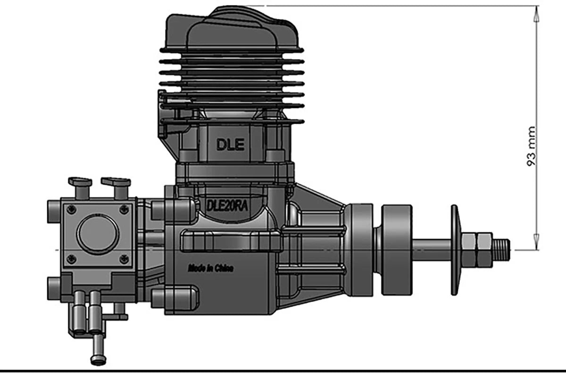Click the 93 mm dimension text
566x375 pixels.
point(532,145)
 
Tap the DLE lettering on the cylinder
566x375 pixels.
point(231,145)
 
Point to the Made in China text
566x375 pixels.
point(210,268)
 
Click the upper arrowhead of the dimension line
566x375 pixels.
point(536,13)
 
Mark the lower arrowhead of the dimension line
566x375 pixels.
point(536,242)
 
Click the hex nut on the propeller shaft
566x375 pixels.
point(476,248)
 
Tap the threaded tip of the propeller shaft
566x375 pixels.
point(502,249)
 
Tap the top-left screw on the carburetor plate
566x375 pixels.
point(72,209)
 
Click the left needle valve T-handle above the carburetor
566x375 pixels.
point(80,183)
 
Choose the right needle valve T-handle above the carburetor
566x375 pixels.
point(116,183)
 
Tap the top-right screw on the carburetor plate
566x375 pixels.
point(124,209)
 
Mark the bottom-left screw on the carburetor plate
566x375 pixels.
point(72,258)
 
